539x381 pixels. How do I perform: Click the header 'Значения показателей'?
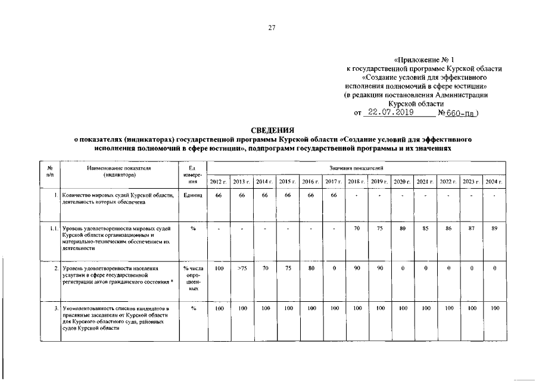pos(356,169)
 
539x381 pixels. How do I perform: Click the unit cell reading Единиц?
pos(194,195)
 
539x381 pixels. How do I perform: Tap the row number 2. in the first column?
pos(55,268)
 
